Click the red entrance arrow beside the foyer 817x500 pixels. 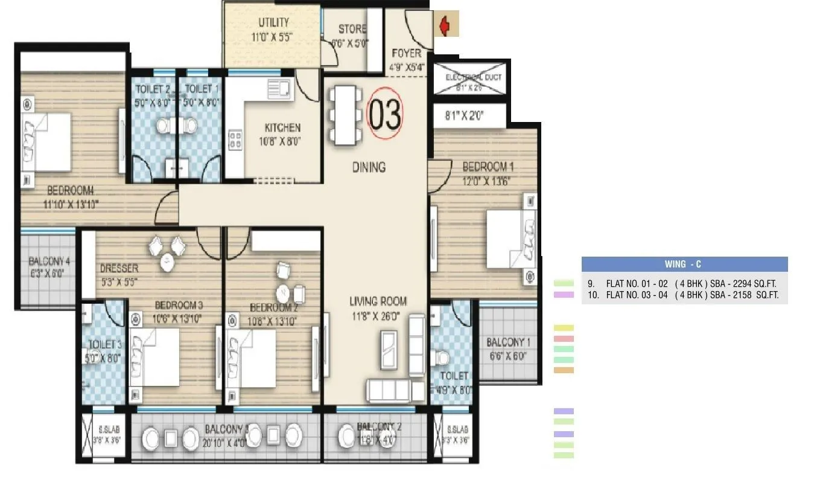(445, 26)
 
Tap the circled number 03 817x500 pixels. (385, 114)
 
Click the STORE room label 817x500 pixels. (352, 29)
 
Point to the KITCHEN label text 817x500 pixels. (282, 128)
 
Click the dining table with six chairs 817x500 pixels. (343, 115)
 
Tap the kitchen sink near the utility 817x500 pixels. (278, 89)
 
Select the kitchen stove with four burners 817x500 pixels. (235, 140)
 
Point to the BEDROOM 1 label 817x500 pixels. (488, 167)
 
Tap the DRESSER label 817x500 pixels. (119, 268)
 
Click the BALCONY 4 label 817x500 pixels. (49, 261)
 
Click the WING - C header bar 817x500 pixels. (684, 264)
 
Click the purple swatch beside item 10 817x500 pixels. (564, 295)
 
